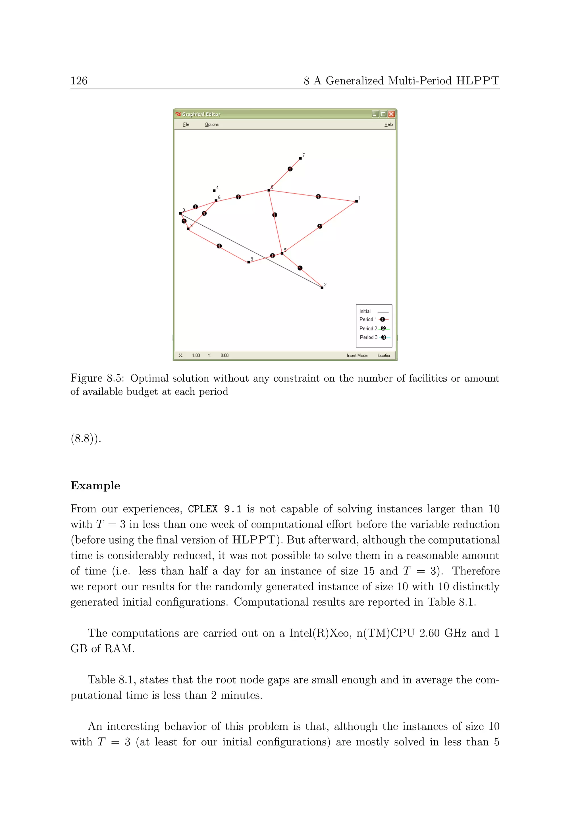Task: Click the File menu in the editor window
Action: tap(186, 124)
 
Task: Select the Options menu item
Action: tap(211, 124)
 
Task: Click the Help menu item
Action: tap(388, 124)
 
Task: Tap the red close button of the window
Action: tap(391, 114)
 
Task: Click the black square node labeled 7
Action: tap(300, 158)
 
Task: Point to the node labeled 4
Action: tap(214, 190)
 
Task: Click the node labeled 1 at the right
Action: tap(356, 201)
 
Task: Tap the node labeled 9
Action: tap(249, 262)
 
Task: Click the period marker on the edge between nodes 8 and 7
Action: tap(290, 169)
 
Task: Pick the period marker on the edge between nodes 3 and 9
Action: tap(219, 246)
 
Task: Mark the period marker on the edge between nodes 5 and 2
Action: tap(300, 268)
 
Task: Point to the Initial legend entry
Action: tap(373, 311)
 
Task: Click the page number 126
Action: tap(79, 81)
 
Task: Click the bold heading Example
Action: tap(95, 486)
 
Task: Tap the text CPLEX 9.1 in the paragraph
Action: tap(215, 509)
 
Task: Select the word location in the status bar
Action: tap(384, 355)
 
